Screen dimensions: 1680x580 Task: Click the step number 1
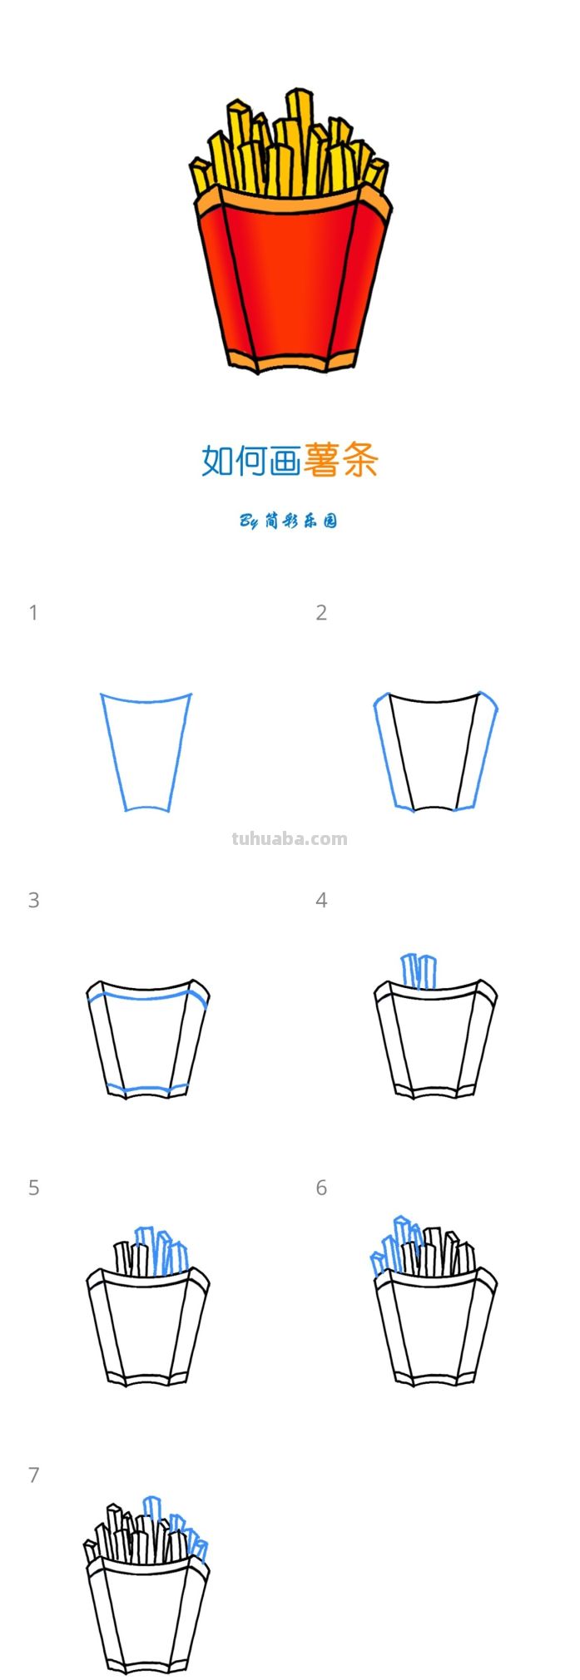(33, 613)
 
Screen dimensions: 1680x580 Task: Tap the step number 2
(321, 613)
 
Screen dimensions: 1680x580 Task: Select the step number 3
(33, 900)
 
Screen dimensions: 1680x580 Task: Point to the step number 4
(321, 900)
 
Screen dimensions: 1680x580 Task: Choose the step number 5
(33, 1188)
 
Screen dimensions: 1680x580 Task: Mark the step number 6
(321, 1188)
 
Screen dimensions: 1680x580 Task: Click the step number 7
(33, 1475)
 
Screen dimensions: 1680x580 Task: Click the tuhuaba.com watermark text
(290, 838)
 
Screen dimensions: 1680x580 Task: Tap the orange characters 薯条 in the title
(341, 460)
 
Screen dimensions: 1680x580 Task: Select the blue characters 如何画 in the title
(250, 460)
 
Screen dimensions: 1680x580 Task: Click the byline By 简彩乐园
(289, 521)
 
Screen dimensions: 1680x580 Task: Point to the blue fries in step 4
(419, 971)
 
